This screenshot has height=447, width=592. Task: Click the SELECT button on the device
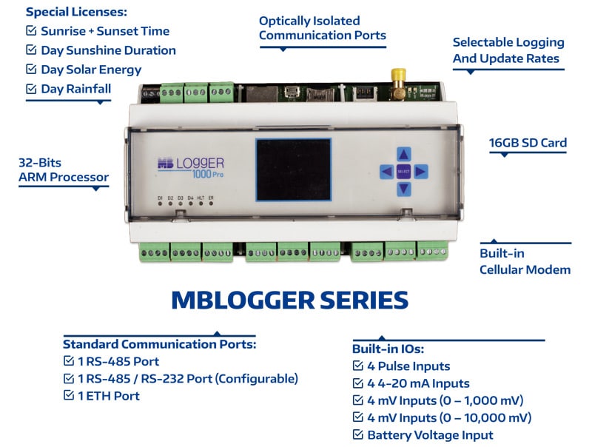pos(403,172)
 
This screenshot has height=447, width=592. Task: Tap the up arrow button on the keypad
pos(403,154)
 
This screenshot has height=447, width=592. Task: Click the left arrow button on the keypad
pos(386,172)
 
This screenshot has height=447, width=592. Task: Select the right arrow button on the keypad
pos(420,172)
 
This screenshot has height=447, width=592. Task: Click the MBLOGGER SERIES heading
pos(289,300)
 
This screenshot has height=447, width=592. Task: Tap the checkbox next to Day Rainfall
pos(31,89)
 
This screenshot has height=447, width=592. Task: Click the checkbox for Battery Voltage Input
pos(358,435)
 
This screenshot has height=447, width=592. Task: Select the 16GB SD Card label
pos(528,143)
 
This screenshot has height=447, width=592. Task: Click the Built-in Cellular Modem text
pos(524,261)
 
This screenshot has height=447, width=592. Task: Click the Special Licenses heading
pos(76,12)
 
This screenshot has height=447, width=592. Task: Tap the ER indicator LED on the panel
pos(211,204)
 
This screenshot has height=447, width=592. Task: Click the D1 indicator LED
pos(160,204)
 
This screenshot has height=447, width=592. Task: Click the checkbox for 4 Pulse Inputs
pos(358,366)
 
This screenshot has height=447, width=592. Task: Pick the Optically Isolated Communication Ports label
pos(322,27)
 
